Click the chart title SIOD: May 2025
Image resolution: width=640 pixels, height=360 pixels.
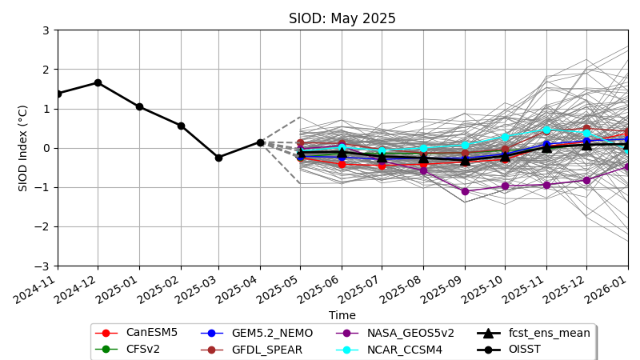pyautogui.click(x=342, y=18)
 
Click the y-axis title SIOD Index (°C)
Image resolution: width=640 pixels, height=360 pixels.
pyautogui.click(x=23, y=148)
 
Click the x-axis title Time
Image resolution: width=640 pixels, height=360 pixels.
pyautogui.click(x=342, y=315)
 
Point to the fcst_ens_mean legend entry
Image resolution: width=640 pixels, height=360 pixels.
pyautogui.click(x=552, y=333)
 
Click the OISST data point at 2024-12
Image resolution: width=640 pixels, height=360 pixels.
pyautogui.click(x=98, y=82)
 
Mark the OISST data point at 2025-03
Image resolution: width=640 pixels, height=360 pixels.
pyautogui.click(x=218, y=158)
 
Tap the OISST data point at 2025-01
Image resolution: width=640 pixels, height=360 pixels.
pyautogui.click(x=139, y=106)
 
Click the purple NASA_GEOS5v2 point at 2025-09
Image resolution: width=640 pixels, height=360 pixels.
pyautogui.click(x=465, y=191)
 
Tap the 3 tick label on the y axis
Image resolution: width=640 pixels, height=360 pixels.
pyautogui.click(x=46, y=30)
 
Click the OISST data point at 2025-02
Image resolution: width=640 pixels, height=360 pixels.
pyautogui.click(x=181, y=126)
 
